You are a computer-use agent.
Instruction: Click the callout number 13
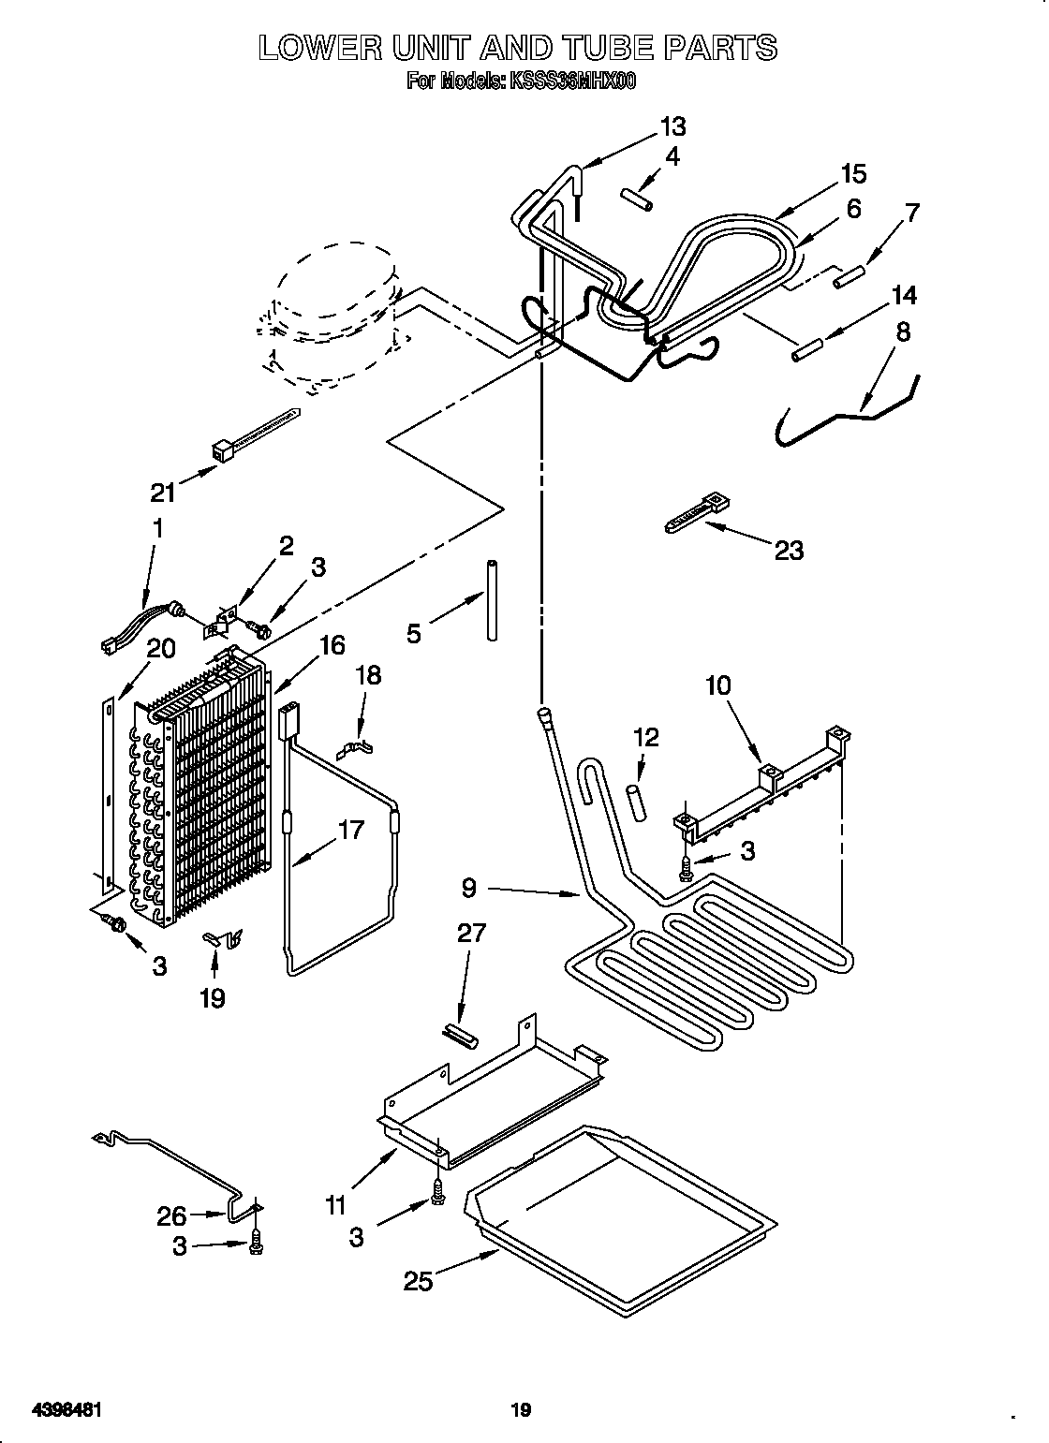click(672, 126)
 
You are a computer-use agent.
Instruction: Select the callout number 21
click(165, 491)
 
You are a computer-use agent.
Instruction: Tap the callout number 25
click(419, 1281)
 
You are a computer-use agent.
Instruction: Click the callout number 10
click(717, 685)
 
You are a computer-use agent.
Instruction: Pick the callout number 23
click(789, 550)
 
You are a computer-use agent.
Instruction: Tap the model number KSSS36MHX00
click(570, 82)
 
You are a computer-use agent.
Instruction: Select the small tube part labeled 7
click(848, 276)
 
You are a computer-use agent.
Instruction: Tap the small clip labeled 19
click(220, 936)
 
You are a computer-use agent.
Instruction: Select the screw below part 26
click(259, 1243)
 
